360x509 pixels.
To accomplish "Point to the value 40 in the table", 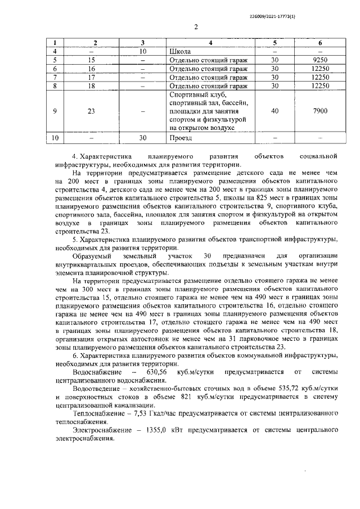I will point(274,111).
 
